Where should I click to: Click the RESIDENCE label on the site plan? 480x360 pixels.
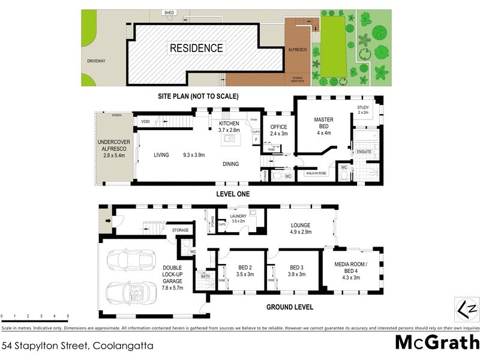[x=196, y=48]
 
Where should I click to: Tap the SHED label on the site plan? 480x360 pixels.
[x=170, y=13]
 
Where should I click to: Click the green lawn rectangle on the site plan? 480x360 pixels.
[x=333, y=47]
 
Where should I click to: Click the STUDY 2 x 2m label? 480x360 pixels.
[x=363, y=110]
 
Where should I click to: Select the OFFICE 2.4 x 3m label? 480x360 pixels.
[x=278, y=130]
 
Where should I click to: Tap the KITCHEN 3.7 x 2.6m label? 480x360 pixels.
[x=229, y=127]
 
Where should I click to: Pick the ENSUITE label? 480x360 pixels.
[x=364, y=152]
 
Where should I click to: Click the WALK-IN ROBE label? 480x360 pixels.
[x=319, y=173]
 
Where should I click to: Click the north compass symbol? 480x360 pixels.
[x=467, y=308]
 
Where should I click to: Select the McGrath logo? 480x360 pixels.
[x=437, y=343]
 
